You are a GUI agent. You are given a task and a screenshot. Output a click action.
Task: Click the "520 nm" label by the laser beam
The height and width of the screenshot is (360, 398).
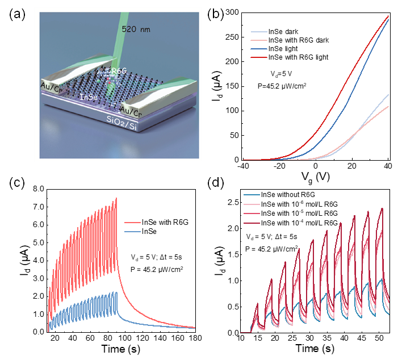click(x=136, y=30)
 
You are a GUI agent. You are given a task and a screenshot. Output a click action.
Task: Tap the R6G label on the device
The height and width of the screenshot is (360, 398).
click(x=119, y=70)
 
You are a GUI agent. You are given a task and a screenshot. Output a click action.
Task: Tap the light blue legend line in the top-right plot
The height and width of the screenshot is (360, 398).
click(x=259, y=32)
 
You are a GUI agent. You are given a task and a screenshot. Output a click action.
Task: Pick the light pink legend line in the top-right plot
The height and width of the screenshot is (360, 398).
click(x=259, y=41)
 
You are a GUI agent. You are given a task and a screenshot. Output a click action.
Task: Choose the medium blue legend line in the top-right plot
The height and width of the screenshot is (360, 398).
click(x=259, y=49)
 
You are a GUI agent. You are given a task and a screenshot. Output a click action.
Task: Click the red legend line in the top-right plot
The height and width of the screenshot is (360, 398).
click(x=259, y=57)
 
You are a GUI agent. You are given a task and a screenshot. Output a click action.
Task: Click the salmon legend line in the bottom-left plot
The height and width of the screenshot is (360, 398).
click(x=132, y=223)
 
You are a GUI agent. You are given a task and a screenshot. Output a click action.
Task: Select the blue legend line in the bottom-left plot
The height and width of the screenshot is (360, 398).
click(x=132, y=232)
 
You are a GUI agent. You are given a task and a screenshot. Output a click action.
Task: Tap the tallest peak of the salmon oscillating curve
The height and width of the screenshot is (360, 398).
click(x=116, y=198)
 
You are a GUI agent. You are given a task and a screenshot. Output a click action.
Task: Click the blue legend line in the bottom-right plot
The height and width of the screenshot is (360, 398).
click(x=252, y=195)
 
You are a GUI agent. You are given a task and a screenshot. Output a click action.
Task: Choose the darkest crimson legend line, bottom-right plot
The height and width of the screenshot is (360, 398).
click(x=252, y=223)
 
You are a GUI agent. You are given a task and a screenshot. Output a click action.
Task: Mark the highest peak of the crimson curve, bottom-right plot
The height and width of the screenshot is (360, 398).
click(x=383, y=208)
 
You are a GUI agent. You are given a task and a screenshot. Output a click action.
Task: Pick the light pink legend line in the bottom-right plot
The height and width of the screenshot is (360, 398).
click(x=252, y=204)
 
